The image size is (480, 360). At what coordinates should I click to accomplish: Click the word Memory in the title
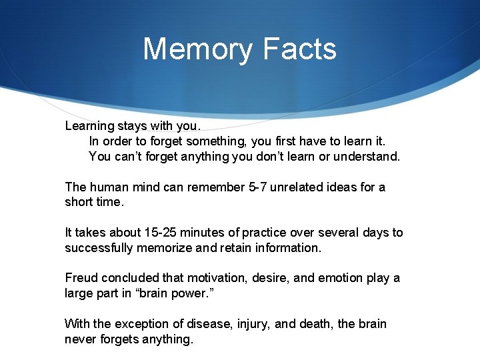point(198,50)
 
